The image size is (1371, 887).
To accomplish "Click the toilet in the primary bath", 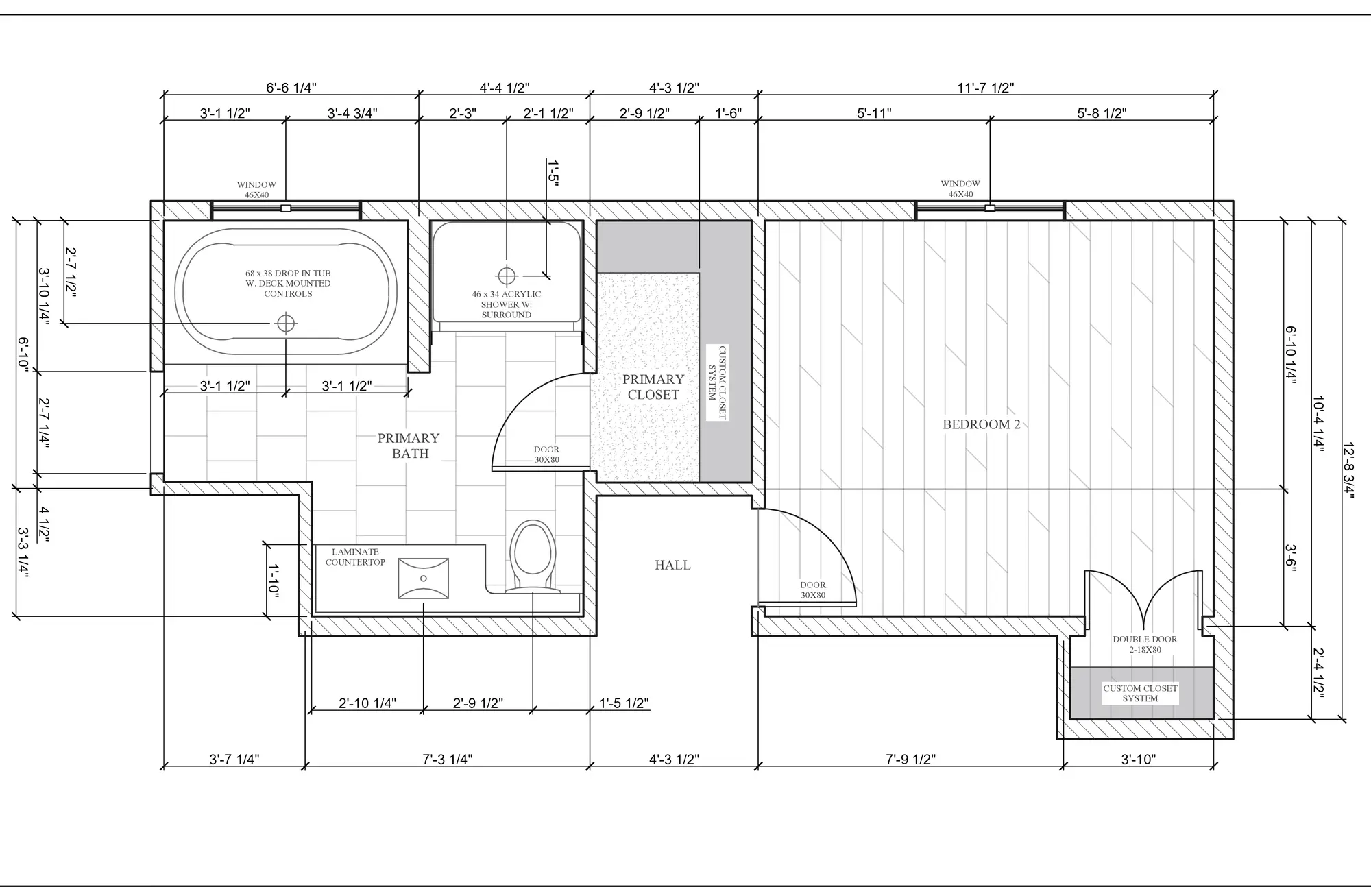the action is (x=533, y=556).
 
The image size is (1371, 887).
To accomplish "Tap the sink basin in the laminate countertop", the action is (x=424, y=578).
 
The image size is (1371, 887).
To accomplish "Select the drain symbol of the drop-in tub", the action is (x=285, y=323).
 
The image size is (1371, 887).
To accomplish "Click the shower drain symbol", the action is (x=507, y=276).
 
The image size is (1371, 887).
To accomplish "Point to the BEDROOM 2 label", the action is (x=982, y=424).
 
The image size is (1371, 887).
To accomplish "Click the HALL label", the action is (x=672, y=565).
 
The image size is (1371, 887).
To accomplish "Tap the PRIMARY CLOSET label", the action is (x=653, y=387).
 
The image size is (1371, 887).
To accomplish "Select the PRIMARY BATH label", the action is (x=409, y=446).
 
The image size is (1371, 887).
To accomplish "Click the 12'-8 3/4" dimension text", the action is (x=1348, y=470).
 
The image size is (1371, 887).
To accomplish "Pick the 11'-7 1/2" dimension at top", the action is (x=986, y=88).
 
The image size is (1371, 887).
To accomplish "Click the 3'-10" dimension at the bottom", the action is (x=1139, y=760).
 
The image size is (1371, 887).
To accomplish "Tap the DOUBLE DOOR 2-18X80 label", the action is (x=1145, y=644).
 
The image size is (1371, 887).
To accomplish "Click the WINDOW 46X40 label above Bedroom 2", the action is (x=960, y=189).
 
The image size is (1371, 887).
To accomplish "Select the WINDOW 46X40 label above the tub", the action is (x=256, y=190).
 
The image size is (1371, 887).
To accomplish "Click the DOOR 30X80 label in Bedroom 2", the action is (x=813, y=590).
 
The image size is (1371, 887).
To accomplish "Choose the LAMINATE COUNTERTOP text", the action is (x=355, y=557).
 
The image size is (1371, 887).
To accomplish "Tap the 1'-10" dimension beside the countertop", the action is (x=273, y=580).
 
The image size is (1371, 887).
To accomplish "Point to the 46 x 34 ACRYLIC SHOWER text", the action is (x=507, y=299).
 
